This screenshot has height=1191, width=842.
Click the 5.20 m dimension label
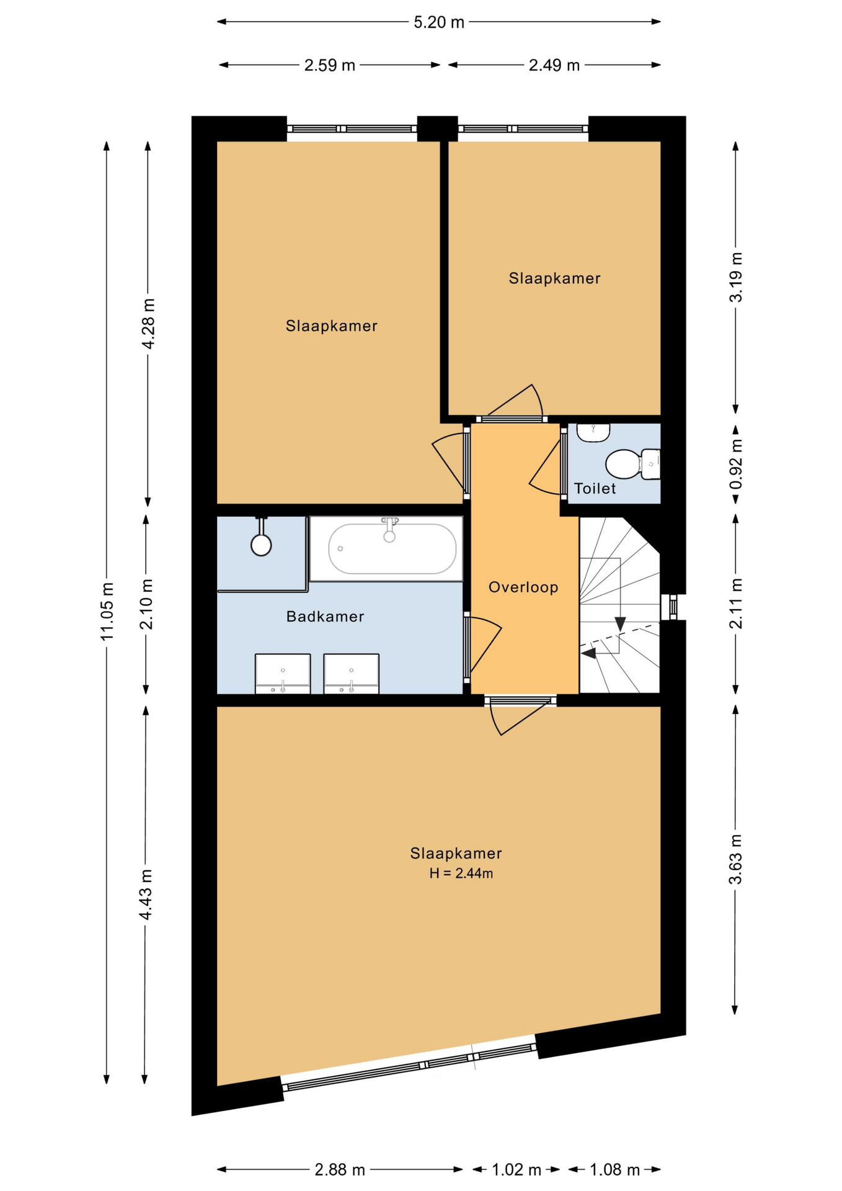[439, 22]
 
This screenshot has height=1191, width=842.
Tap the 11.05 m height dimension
[107, 612]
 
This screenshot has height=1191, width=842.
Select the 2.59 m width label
[330, 65]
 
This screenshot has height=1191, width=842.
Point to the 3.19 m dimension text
[736, 277]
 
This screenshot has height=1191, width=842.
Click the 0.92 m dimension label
[736, 465]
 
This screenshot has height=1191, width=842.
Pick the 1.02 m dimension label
[516, 1170]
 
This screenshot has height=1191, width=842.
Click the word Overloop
[523, 587]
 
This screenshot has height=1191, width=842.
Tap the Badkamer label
[325, 616]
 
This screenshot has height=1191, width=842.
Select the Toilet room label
[595, 488]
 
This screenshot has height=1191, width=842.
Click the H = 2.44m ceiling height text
[461, 873]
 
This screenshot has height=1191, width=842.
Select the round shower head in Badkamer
[261, 545]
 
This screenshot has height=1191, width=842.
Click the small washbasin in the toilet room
[593, 432]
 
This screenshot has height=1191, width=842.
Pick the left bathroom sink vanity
[283, 674]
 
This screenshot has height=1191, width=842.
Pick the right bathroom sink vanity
[352, 674]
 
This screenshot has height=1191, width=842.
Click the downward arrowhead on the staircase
[620, 624]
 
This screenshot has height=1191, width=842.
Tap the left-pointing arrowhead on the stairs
[588, 653]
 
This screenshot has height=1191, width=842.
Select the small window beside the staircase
[672, 607]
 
